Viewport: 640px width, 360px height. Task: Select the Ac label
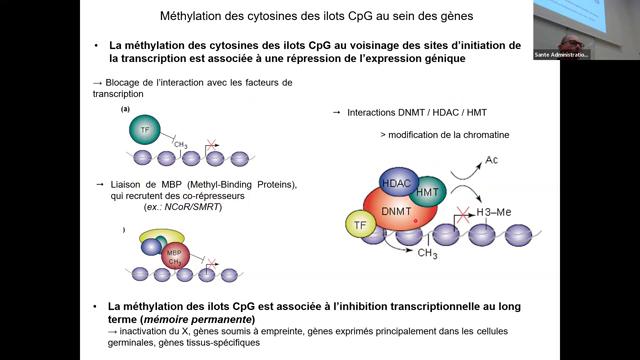(x=491, y=160)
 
